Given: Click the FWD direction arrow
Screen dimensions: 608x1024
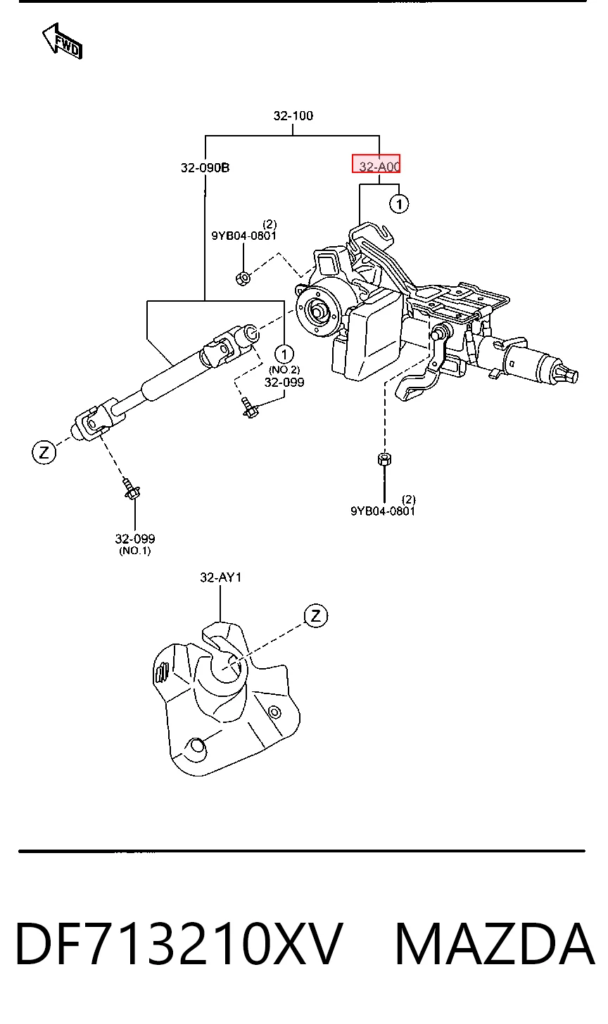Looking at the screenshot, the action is click(62, 41).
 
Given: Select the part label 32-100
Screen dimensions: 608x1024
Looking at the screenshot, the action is click(293, 115).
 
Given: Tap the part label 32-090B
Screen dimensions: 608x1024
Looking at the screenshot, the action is click(205, 168).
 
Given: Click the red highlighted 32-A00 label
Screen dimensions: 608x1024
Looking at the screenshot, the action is click(376, 164).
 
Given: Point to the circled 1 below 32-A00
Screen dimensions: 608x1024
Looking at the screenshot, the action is click(399, 204).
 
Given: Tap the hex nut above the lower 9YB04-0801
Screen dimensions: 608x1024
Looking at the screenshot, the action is click(384, 459).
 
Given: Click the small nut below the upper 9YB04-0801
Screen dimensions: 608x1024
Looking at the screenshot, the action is click(243, 278).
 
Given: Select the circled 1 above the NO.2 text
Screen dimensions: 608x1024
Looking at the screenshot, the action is click(284, 354).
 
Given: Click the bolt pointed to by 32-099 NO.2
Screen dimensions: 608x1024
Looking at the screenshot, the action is click(250, 408).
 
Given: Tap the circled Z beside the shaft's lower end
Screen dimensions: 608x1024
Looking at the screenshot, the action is click(44, 453).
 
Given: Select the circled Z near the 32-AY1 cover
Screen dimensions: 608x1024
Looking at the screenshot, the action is click(316, 616).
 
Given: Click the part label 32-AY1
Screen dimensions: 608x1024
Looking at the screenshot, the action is click(220, 577).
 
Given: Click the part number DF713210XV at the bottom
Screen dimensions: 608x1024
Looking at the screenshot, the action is click(179, 944).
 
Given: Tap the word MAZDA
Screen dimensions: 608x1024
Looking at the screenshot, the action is click(495, 944).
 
